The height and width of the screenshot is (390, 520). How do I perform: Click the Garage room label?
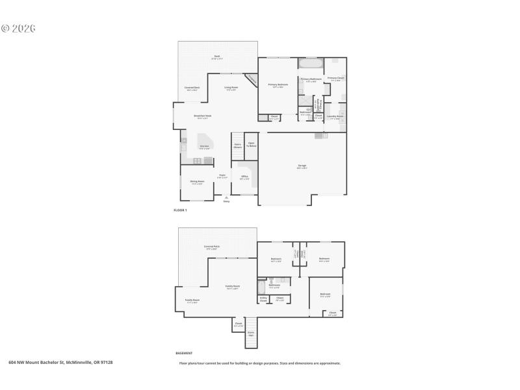click(302, 166)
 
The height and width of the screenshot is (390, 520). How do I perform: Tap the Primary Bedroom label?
click(278, 85)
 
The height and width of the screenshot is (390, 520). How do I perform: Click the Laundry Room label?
click(335, 118)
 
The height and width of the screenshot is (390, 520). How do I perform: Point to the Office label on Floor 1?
click(244, 177)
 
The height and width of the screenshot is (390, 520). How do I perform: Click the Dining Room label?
click(197, 182)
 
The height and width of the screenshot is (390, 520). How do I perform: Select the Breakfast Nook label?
click(202, 116)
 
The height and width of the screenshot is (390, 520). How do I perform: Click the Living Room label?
click(231, 88)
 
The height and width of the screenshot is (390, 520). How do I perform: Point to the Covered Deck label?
click(192, 88)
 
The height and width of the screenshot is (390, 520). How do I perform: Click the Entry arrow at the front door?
click(226, 198)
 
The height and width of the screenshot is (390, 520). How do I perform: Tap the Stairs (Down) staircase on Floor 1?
click(237, 147)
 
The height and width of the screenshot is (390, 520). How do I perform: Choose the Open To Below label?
click(251, 146)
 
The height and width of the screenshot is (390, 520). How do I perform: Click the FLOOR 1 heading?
click(180, 211)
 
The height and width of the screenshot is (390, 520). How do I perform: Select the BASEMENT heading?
click(184, 353)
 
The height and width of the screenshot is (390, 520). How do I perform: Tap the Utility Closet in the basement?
click(263, 300)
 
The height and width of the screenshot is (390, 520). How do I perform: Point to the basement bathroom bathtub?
click(261, 285)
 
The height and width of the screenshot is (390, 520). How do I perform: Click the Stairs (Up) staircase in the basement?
click(251, 333)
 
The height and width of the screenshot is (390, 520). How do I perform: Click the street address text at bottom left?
click(65, 363)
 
